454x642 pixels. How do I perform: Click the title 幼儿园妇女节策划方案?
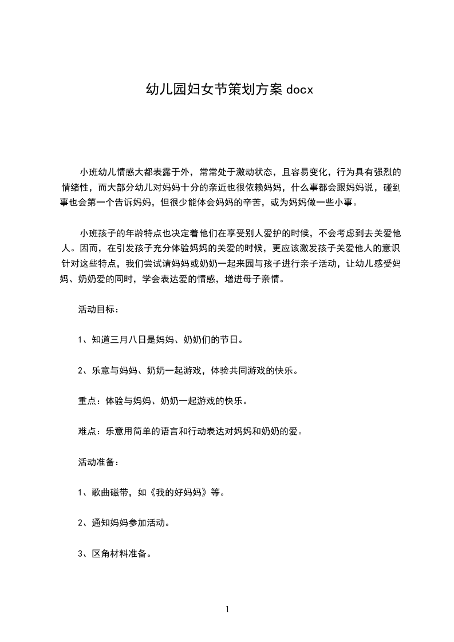214,89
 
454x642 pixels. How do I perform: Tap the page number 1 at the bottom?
227,609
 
